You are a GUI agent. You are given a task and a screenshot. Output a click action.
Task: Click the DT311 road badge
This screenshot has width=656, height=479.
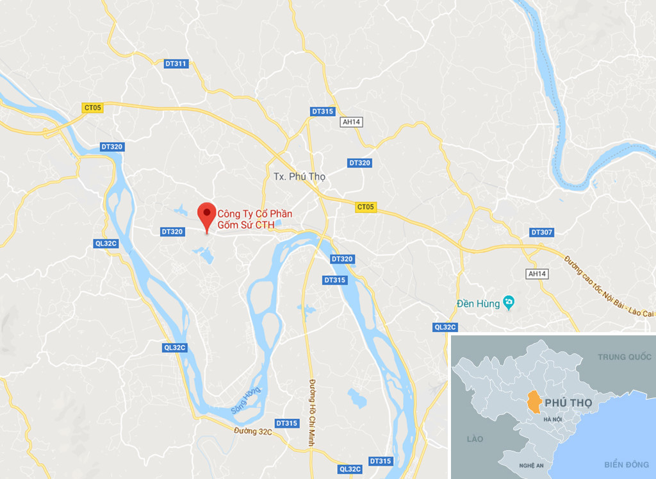click(176, 63)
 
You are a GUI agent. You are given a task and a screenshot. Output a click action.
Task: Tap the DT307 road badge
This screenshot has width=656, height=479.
click(542, 232)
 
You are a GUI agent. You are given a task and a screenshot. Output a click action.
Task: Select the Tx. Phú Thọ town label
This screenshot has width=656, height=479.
click(299, 176)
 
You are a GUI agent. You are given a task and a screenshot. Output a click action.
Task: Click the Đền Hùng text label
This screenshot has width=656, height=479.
click(478, 304)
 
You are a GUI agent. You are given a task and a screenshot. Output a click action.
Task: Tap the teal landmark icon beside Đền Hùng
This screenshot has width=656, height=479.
click(509, 301)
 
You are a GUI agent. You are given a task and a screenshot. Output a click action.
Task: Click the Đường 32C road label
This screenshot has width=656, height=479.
click(253, 432)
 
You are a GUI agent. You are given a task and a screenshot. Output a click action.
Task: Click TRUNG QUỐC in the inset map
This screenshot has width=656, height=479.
click(624, 357)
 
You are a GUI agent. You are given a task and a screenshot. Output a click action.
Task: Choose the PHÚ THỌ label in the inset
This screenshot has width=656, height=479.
click(568, 402)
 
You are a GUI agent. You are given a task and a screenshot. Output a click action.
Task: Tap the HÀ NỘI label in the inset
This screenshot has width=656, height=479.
click(552, 419)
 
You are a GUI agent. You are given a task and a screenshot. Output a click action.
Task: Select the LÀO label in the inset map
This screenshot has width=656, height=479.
click(475, 439)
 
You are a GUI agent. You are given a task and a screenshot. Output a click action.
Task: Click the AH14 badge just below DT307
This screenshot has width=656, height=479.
click(536, 274)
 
